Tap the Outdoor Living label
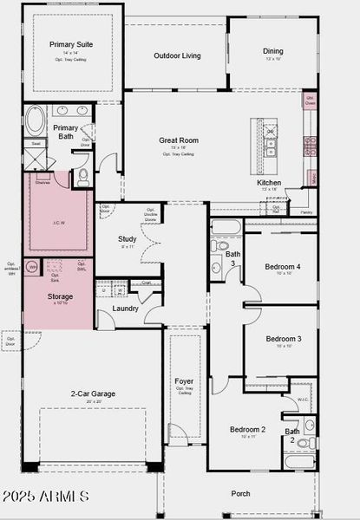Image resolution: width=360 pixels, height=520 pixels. pos(177,55)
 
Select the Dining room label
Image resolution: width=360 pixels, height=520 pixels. pos(273,51)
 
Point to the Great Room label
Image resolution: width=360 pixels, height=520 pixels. pos(179,140)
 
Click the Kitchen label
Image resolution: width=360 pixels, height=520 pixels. pos(269,183)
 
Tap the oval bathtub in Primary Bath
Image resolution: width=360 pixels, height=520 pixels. pos(37,119)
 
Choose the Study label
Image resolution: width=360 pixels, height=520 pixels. pos(128,239)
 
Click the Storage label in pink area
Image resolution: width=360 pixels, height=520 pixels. pos(60,296)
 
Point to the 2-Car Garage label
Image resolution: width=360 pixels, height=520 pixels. pos(93,393)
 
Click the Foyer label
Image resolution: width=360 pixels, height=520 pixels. pos(184,380)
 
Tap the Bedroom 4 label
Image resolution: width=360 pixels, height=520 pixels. pos(283,266)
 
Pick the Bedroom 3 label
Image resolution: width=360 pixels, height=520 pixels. pos(283,338)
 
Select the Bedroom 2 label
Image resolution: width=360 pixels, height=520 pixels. pos(247,429)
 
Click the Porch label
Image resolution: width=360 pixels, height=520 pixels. pos(240,494)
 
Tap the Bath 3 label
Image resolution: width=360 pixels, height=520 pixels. pos(232,258)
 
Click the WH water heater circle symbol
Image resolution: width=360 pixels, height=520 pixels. pos(32,267)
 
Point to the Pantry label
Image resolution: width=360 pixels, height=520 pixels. pos(305,211)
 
